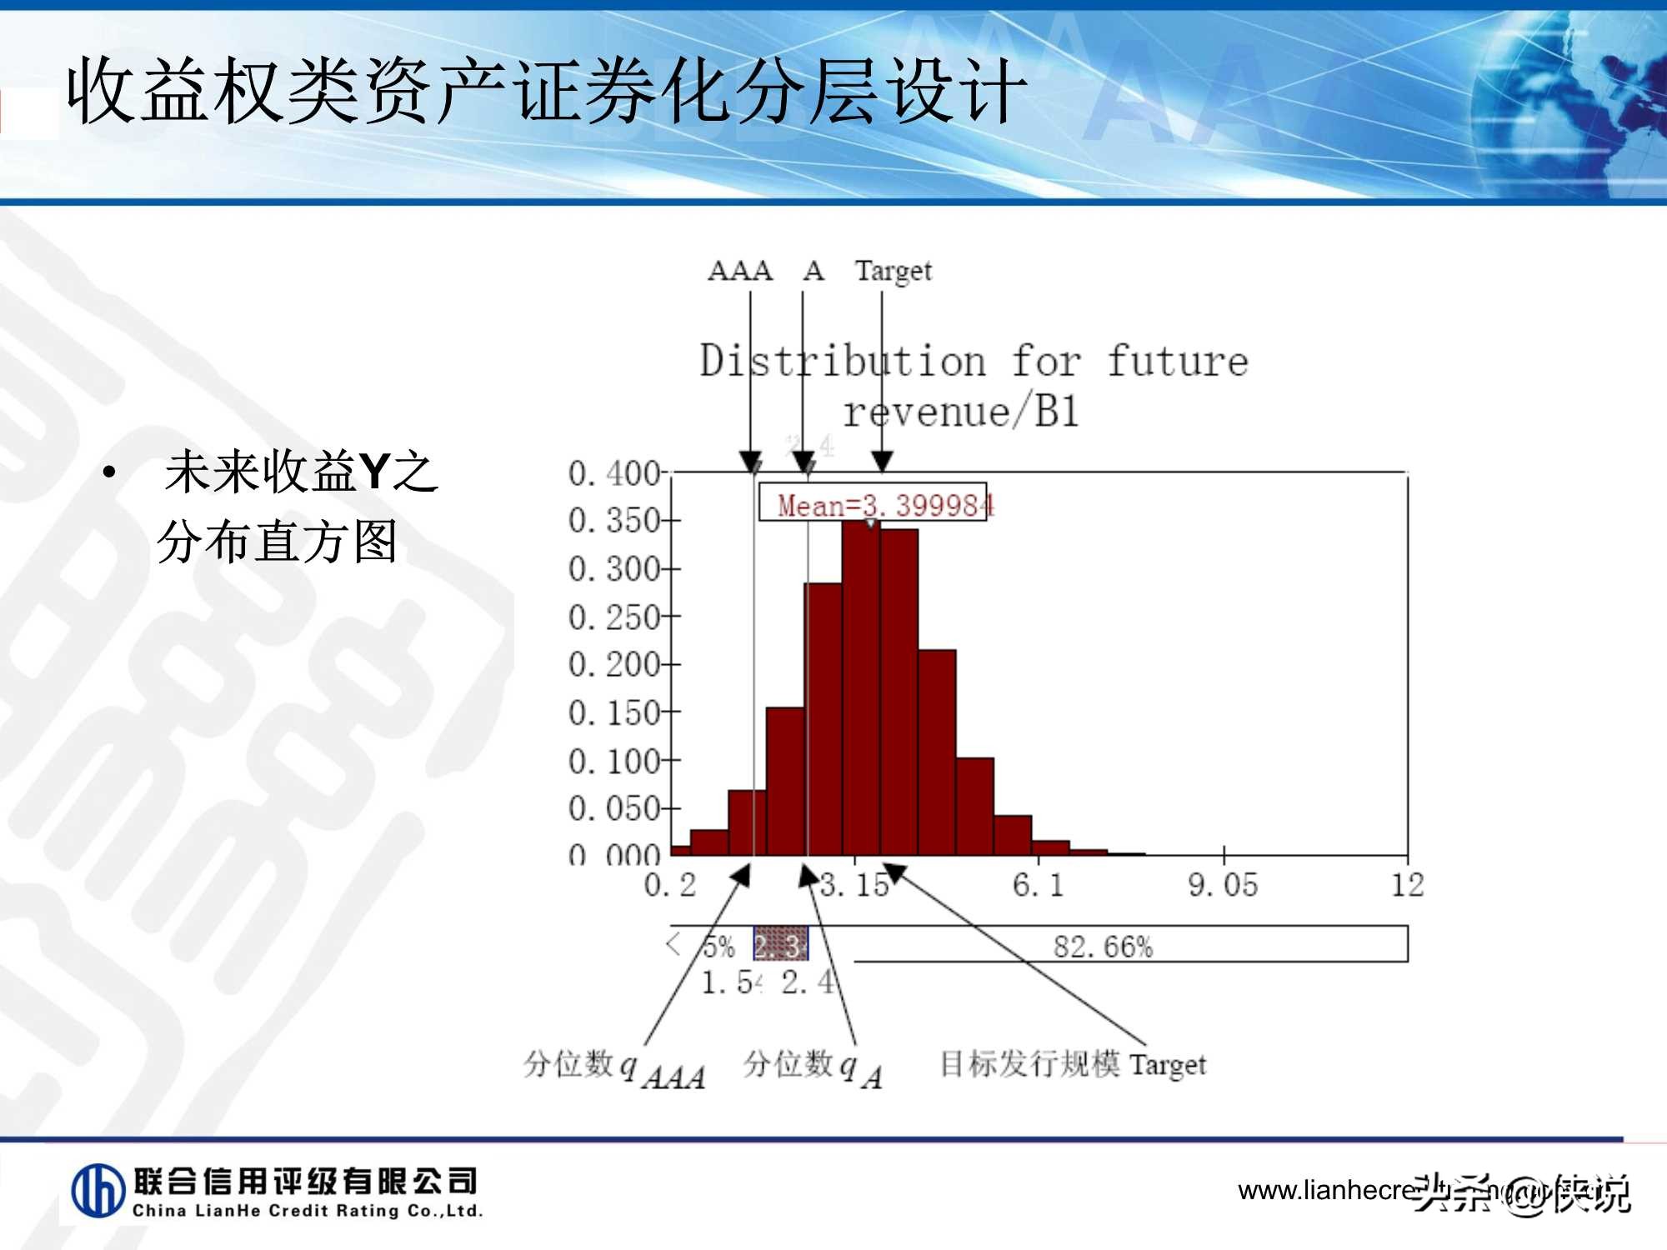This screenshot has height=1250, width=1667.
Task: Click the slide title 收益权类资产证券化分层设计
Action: point(546,92)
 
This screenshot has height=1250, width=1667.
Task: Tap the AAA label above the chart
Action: point(740,270)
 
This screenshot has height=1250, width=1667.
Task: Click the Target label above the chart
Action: point(893,271)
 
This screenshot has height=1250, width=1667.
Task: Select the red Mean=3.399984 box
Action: point(873,504)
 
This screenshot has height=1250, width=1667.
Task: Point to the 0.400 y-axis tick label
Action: point(614,473)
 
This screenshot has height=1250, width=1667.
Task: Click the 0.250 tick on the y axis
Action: point(614,617)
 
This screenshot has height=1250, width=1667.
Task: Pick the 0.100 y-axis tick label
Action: point(614,761)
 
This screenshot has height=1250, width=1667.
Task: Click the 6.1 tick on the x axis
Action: point(1039,885)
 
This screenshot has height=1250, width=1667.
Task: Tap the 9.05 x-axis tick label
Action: point(1223,885)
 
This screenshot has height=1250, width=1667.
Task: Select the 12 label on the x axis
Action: point(1407,885)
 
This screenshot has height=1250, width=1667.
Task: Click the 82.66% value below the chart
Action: point(1103,947)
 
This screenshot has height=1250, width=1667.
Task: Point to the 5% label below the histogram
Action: point(718,947)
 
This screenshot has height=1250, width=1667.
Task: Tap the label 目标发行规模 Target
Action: point(1073,1064)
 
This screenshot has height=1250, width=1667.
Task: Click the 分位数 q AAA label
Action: point(614,1067)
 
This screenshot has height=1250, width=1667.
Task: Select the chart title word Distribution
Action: point(842,362)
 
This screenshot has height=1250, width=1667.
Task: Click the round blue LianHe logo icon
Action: point(98,1190)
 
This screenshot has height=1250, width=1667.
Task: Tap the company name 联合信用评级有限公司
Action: point(305,1181)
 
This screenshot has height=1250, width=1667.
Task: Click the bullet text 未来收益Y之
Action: point(301,472)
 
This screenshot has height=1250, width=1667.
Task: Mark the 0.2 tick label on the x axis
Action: point(669,885)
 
